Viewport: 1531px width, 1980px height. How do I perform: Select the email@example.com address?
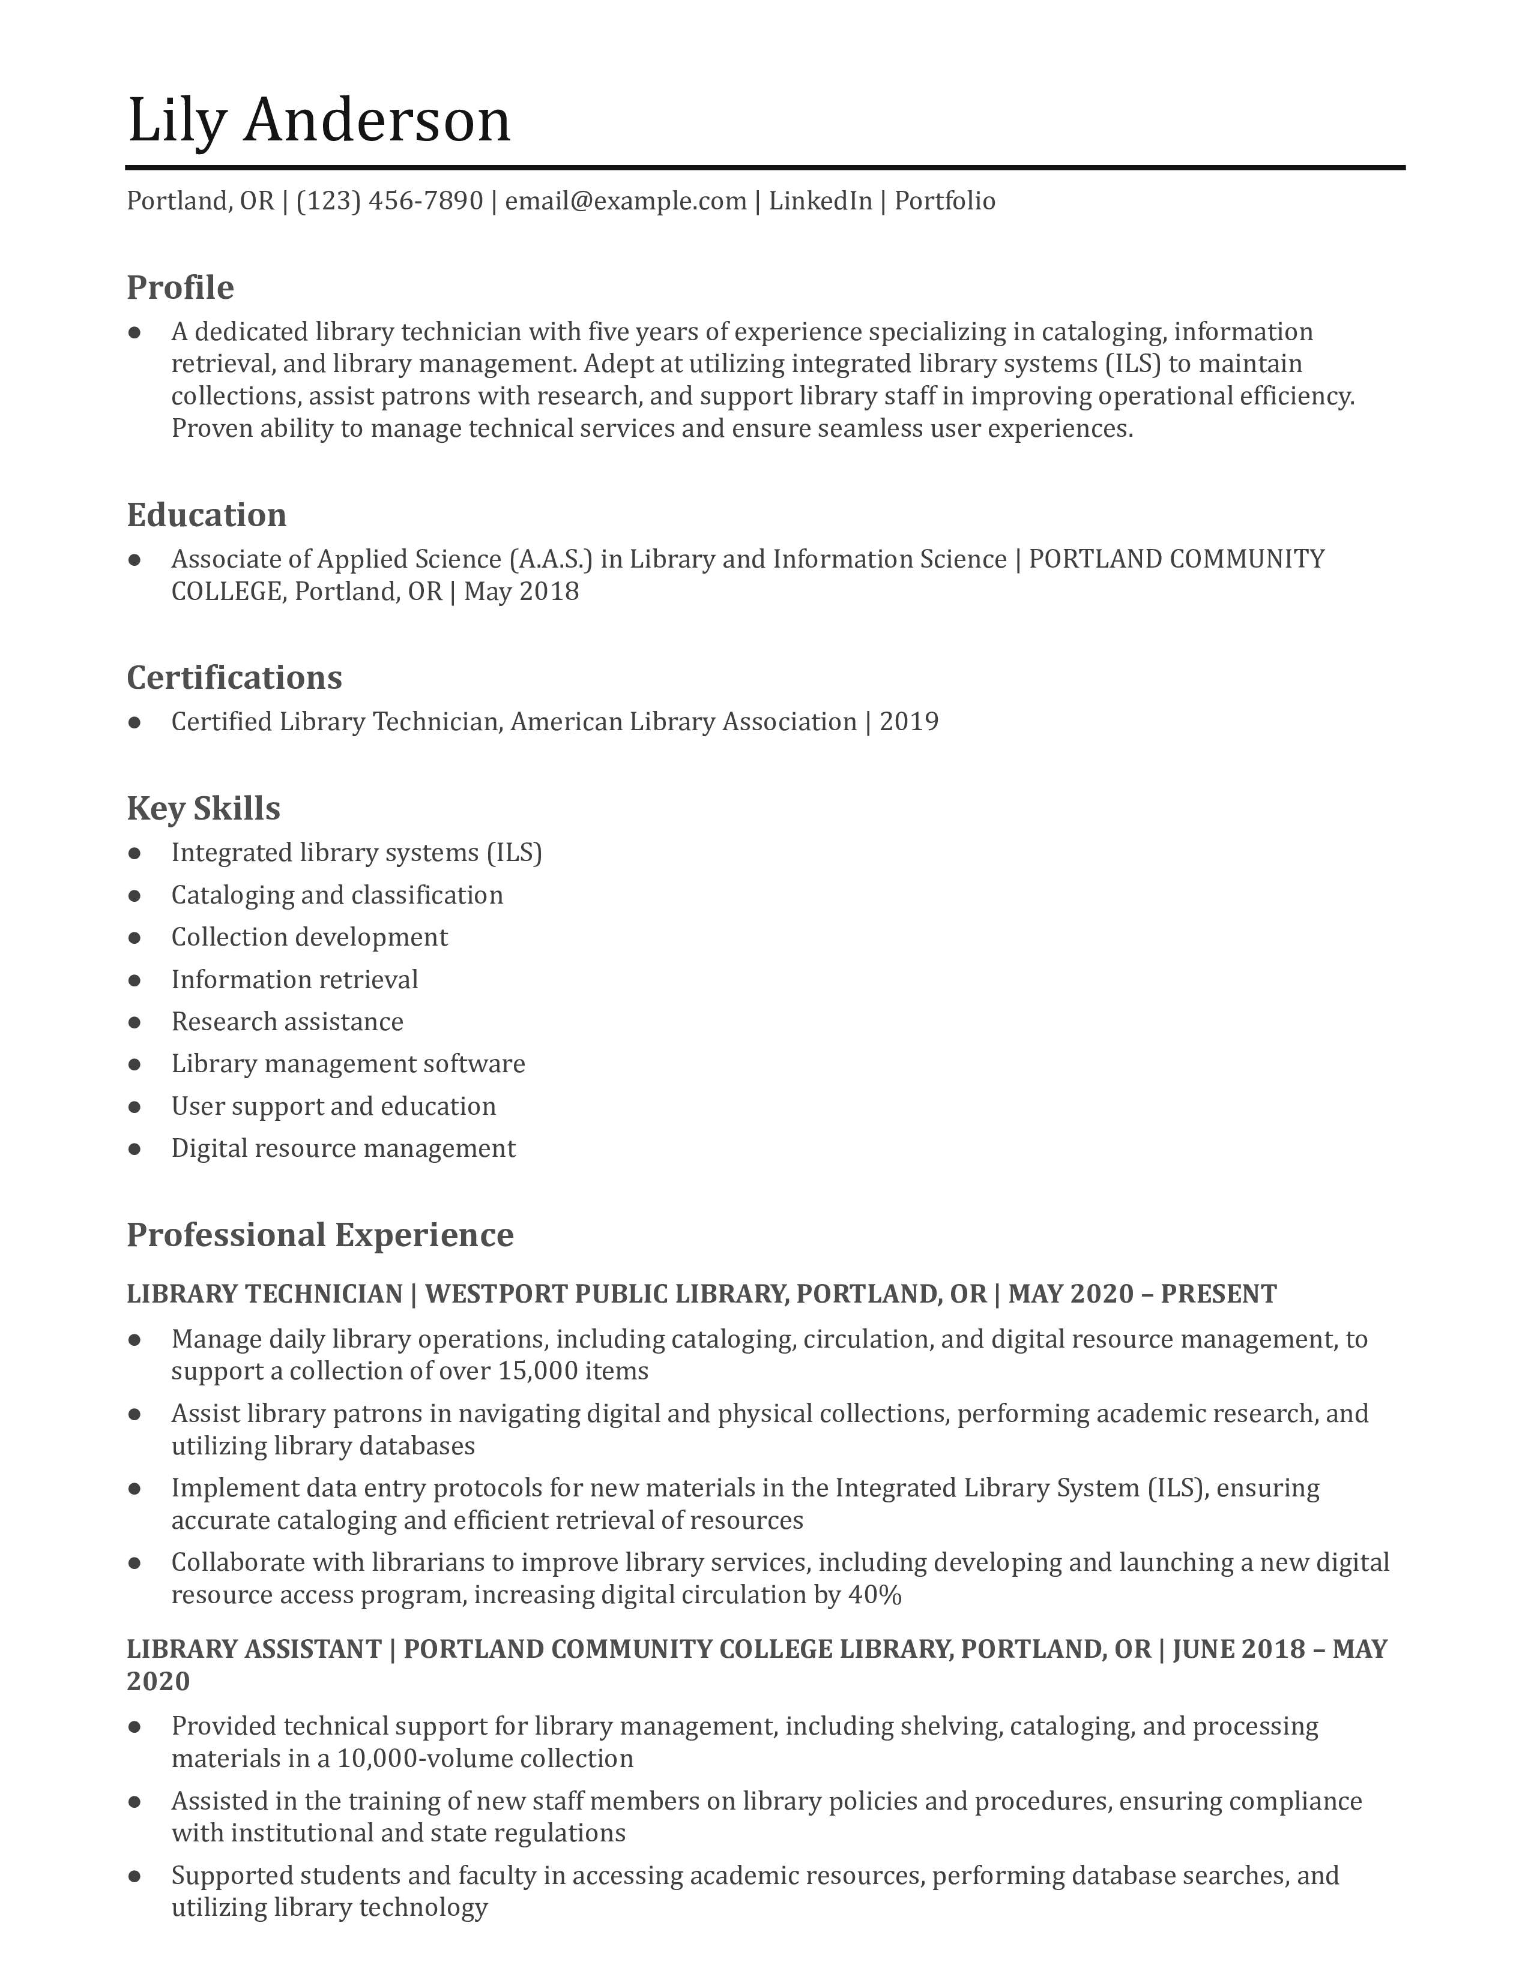pos(626,200)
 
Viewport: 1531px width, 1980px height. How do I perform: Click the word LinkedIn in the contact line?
pos(820,200)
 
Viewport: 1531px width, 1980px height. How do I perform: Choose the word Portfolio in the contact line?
pos(945,200)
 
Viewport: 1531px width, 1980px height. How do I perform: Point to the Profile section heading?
pos(180,287)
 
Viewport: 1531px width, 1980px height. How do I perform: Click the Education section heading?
pos(206,515)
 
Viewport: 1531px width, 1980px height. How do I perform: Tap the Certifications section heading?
pos(234,678)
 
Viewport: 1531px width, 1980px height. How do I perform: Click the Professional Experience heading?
pos(319,1235)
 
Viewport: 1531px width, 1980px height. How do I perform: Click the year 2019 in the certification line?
pos(909,722)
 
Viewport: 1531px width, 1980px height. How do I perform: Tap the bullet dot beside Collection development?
pos(135,937)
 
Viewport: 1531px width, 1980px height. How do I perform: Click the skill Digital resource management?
pos(343,1148)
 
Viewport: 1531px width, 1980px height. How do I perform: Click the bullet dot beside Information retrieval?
pos(135,980)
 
